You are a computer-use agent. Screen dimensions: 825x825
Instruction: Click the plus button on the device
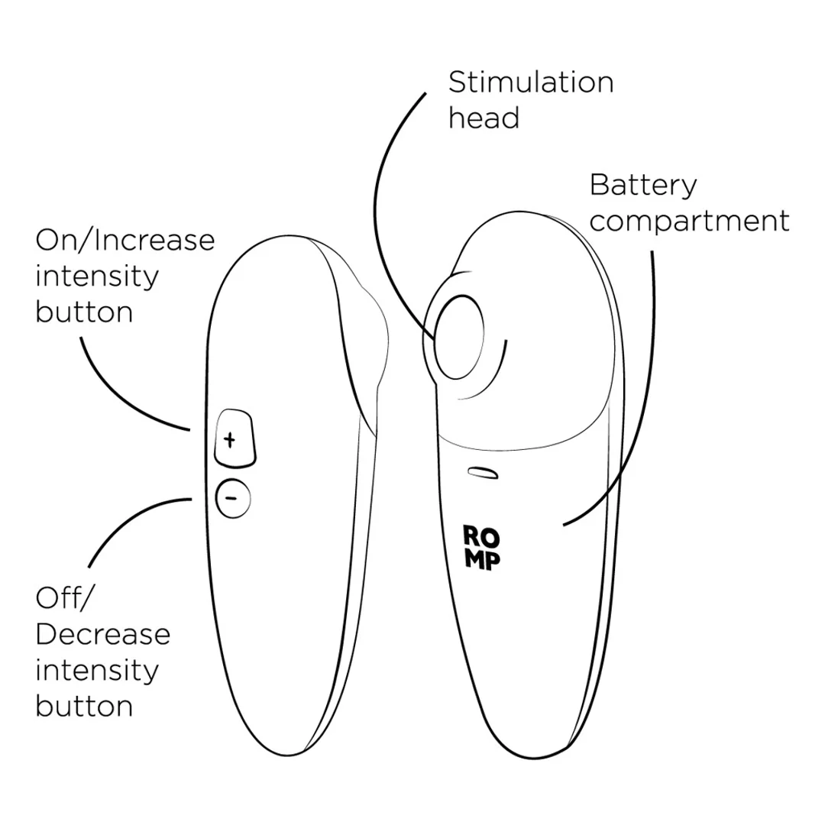tap(235, 438)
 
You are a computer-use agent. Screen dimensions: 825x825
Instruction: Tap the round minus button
tap(233, 498)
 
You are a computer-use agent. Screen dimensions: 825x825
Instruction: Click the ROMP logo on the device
tap(482, 547)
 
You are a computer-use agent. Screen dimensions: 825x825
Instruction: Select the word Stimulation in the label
tap(531, 82)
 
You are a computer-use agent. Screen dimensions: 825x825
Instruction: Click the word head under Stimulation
tap(484, 118)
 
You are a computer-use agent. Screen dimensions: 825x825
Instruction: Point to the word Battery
tap(643, 186)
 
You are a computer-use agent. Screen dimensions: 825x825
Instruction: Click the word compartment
tap(689, 221)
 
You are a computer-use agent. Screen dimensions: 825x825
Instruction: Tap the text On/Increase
tap(125, 241)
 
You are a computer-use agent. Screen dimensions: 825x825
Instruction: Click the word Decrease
tap(103, 634)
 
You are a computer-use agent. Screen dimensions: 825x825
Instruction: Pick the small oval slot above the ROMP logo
tap(483, 473)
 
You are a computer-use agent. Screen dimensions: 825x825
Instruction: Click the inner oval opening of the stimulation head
tap(459, 337)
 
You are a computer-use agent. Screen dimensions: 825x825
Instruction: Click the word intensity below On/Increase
tap(97, 277)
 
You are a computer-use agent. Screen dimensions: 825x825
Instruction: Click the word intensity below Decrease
tap(97, 671)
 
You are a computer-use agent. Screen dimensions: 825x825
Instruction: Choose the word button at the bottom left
tap(84, 706)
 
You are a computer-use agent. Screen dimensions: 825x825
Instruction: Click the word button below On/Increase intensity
tap(84, 312)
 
